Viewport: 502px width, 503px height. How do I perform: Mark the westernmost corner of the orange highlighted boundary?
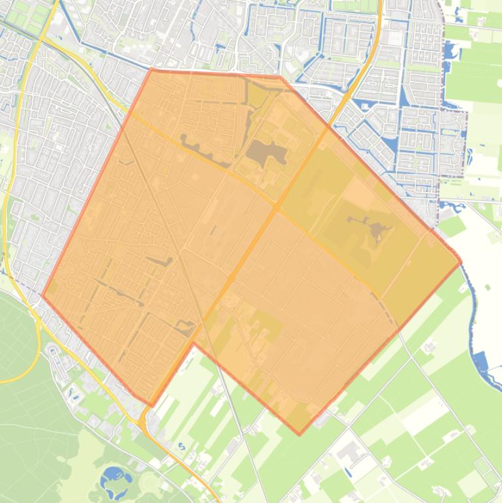point(42,295)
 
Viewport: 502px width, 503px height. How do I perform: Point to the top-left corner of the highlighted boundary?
point(151,69)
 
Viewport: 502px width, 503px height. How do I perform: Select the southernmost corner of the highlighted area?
point(300,434)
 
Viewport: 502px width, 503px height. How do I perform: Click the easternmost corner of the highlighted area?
point(461,263)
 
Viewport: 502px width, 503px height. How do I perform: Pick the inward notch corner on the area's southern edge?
point(194,342)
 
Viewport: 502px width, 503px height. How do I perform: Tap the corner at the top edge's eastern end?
point(281,76)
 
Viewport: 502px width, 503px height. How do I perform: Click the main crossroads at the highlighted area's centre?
point(277,207)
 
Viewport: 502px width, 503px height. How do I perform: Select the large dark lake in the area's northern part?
point(265,152)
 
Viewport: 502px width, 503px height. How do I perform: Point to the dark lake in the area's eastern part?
point(377,230)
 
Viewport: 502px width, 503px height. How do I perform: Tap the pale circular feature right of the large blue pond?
point(149,482)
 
